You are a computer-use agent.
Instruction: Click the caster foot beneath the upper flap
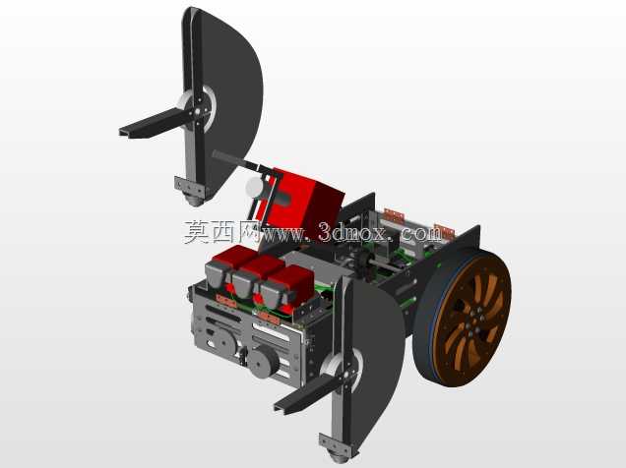195,199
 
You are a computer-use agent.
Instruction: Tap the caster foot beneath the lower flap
338,455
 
